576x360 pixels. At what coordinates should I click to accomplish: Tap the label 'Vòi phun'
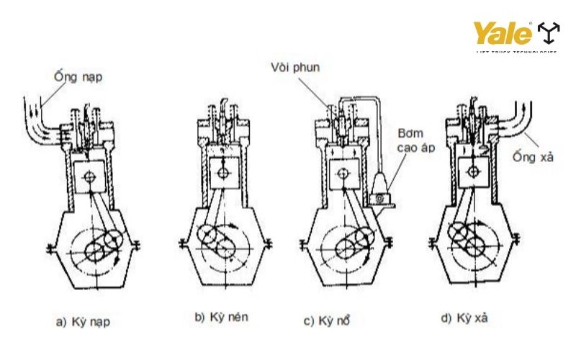tap(295, 68)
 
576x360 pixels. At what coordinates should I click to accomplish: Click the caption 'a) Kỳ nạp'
tap(84, 321)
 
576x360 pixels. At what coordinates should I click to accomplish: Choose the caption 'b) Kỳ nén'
tap(222, 317)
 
